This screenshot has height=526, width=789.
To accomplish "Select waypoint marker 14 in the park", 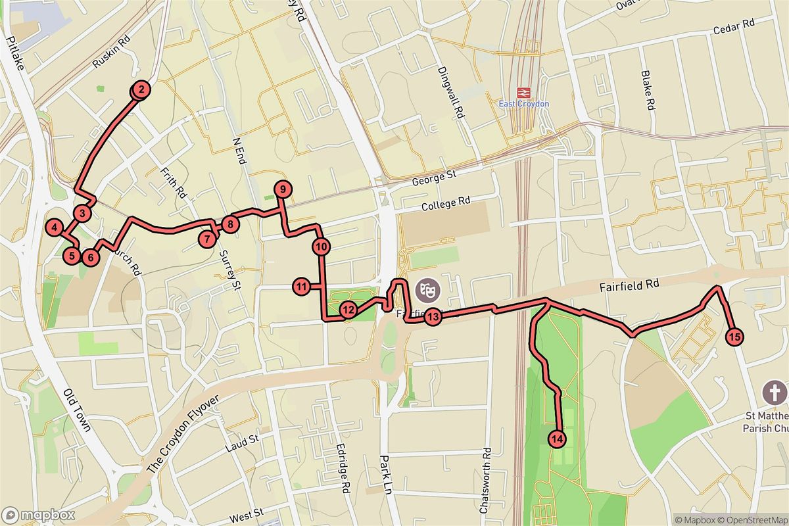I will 557,438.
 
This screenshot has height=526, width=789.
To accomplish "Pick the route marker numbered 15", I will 735,337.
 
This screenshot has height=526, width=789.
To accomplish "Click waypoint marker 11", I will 302,286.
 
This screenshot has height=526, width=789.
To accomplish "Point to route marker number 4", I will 55,227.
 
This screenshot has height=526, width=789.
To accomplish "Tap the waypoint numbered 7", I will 208,239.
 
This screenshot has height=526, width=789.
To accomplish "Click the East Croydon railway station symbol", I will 524,93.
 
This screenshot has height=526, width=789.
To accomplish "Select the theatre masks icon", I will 424,287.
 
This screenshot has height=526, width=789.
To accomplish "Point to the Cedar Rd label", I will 734,28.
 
